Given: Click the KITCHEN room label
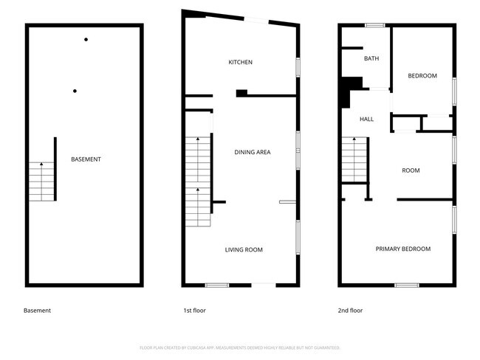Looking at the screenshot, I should coord(241,63).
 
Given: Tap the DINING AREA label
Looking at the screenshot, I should coord(253,153).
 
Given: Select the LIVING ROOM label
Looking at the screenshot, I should coord(244,250).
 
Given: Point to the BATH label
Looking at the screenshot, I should coord(371,59).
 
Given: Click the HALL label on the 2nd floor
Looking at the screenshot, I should coord(366,120).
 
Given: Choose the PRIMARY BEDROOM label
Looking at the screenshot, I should coord(402,249).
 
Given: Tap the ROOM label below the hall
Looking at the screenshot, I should coord(411,170).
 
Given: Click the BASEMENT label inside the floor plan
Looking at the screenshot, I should coord(86,159).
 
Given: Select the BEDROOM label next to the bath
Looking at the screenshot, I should coord(422,76).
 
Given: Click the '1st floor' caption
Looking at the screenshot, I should coord(196,311).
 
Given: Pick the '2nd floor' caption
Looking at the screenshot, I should coord(351,311).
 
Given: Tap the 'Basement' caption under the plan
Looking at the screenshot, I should coord(38,311).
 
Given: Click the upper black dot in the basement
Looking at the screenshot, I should coord(86,39).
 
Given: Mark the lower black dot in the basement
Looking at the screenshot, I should coord(75,91).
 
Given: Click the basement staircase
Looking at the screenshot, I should coord(41,180).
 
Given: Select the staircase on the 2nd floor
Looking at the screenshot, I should coord(354,162).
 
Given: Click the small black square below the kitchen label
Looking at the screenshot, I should coord(241,93).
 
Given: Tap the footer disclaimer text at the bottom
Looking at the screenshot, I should coord(239,347).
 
